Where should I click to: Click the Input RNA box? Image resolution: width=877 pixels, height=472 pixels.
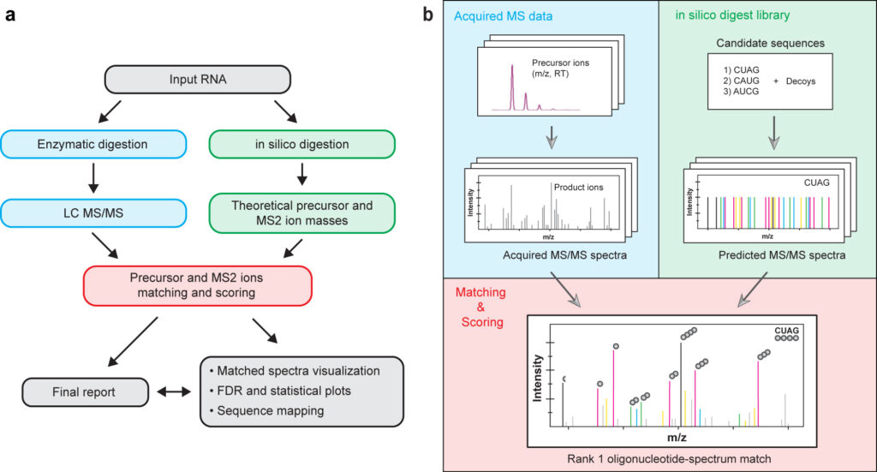point(198,80)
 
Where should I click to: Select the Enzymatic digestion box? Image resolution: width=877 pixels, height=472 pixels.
point(92,144)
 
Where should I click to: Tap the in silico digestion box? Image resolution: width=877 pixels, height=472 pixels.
point(302,144)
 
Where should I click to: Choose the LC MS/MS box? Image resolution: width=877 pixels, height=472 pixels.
point(92,213)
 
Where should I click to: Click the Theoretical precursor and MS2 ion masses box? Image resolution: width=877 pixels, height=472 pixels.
point(302,213)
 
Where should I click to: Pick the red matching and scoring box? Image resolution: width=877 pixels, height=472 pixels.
point(198,285)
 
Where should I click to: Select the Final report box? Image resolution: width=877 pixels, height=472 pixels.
point(85,392)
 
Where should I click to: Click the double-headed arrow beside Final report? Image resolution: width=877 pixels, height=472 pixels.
point(174,392)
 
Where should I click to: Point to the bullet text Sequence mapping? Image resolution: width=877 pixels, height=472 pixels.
point(267,410)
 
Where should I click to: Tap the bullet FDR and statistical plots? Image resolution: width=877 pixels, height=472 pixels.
point(280,391)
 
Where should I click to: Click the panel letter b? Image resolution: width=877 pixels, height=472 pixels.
point(428,15)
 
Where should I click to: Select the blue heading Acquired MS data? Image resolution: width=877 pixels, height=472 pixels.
point(503,16)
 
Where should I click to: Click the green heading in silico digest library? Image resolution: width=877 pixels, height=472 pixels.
point(732,15)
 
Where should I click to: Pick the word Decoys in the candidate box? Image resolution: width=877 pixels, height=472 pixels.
point(801,81)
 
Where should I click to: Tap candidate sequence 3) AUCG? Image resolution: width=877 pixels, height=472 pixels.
point(741,91)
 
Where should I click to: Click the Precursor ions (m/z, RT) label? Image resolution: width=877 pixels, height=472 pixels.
point(560,69)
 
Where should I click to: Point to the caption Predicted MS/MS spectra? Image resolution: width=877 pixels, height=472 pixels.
point(782,255)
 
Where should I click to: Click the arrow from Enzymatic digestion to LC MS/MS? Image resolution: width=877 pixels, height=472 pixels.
point(93,178)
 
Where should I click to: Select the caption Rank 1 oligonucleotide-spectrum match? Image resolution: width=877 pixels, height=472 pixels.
point(669,459)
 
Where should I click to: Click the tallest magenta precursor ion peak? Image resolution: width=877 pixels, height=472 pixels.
point(512,87)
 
